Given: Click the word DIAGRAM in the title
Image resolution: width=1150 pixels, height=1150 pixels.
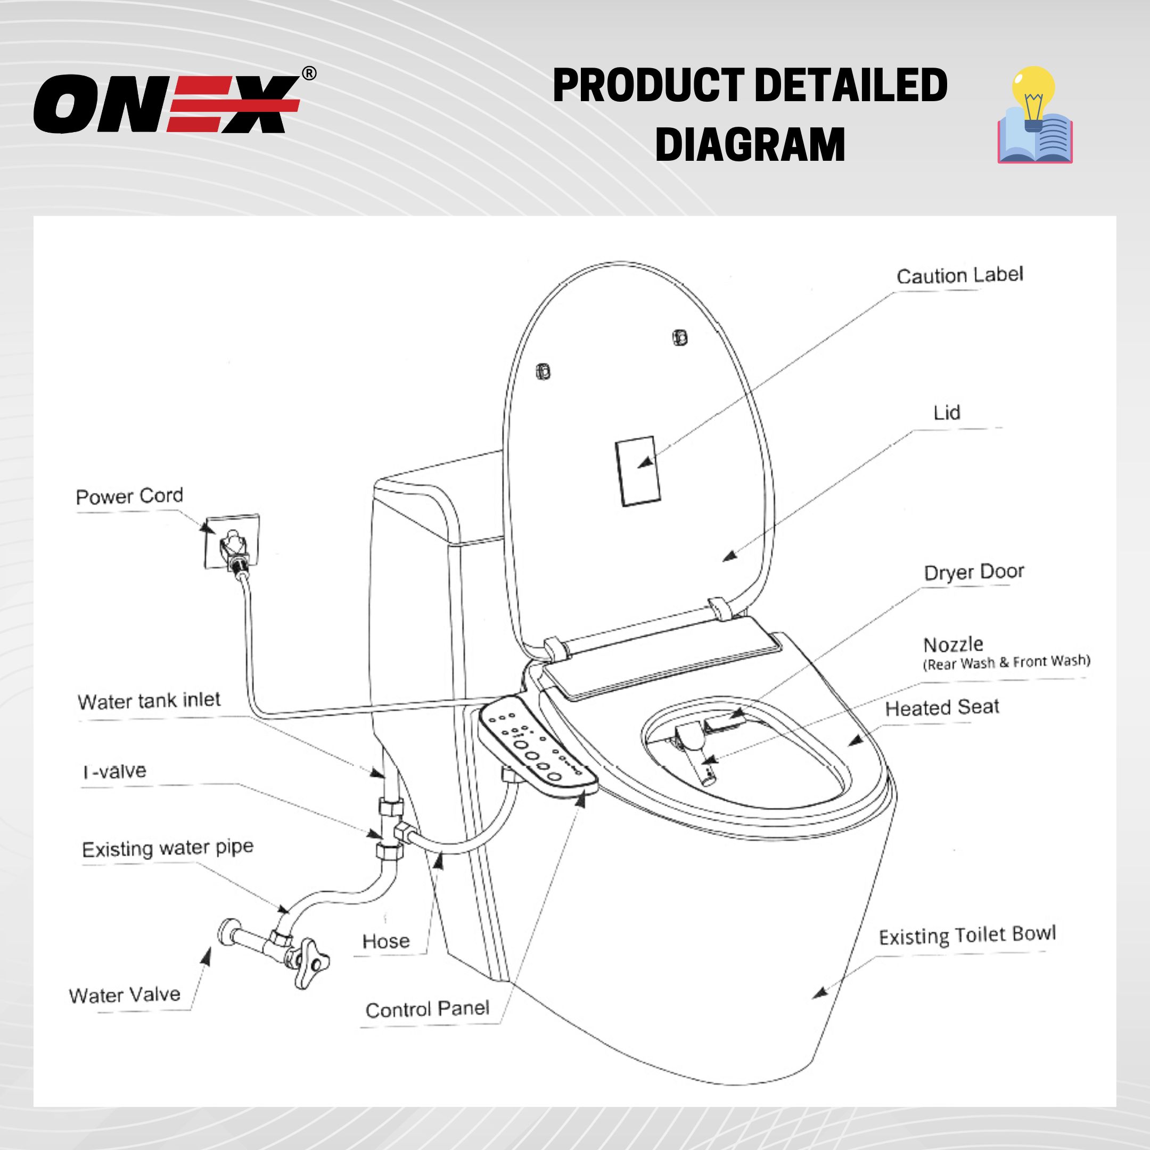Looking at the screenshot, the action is pyautogui.click(x=750, y=145).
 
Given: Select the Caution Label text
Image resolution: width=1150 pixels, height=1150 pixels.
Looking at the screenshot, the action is pyautogui.click(x=959, y=276).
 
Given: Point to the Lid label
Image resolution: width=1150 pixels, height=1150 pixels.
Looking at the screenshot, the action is pyautogui.click(x=947, y=413).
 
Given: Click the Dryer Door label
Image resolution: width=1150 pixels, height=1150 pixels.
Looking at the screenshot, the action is pyautogui.click(x=974, y=572).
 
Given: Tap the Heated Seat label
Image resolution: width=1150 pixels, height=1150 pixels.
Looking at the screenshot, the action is pyautogui.click(x=942, y=708).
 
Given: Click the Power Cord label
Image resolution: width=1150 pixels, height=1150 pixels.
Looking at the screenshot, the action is pyautogui.click(x=129, y=496).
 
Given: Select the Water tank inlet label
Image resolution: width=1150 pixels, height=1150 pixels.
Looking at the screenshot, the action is pyautogui.click(x=149, y=701).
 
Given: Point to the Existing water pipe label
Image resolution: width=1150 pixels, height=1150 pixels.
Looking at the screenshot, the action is pyautogui.click(x=168, y=848).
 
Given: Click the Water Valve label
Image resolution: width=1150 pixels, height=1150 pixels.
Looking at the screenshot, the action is pyautogui.click(x=125, y=995).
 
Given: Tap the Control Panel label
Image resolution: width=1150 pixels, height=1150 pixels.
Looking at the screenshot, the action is pyautogui.click(x=428, y=1009).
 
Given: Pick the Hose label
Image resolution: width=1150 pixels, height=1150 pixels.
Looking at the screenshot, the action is pyautogui.click(x=385, y=941).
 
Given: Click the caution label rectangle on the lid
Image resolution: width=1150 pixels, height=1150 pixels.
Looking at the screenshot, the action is pyautogui.click(x=637, y=471).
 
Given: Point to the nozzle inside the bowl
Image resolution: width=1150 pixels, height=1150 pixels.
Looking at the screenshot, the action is pyautogui.click(x=695, y=751).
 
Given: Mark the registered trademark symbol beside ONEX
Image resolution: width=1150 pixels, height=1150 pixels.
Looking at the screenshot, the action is pyautogui.click(x=309, y=74).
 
